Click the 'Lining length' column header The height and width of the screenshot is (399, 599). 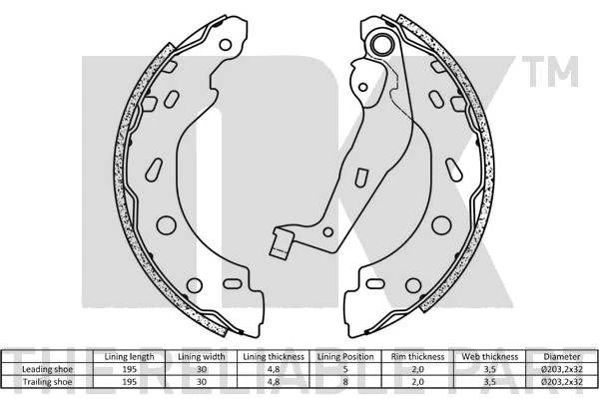[129, 357]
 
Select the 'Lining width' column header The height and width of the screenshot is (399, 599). [202, 357]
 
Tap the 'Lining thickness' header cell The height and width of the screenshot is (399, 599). [274, 357]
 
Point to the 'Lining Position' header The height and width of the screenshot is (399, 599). [345, 357]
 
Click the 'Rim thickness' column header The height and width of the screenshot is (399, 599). [417, 357]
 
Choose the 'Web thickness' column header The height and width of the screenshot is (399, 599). [490, 357]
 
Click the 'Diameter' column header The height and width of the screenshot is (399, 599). [562, 357]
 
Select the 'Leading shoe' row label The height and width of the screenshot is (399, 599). [47, 369]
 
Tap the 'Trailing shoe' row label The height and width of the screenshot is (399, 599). [47, 382]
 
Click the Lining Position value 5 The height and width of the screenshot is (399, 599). [345, 369]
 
